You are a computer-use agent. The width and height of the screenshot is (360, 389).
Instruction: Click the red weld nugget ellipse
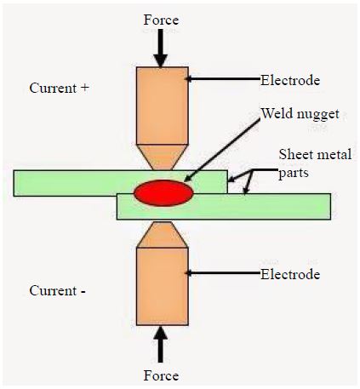pyautogui.click(x=163, y=193)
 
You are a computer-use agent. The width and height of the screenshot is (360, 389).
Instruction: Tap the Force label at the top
pyautogui.click(x=161, y=20)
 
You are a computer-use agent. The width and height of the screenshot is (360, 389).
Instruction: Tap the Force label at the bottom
pyautogui.click(x=161, y=375)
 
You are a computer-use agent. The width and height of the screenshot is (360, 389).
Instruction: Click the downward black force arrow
pyautogui.click(x=161, y=49)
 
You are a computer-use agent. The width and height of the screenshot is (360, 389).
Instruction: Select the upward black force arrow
pyautogui.click(x=161, y=345)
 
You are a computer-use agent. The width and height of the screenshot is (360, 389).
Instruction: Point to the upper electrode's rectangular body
pyautogui.click(x=163, y=106)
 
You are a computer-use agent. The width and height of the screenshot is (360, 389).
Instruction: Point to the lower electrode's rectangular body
pyautogui.click(x=163, y=286)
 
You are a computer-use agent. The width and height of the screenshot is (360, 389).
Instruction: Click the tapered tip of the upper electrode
pyautogui.click(x=163, y=157)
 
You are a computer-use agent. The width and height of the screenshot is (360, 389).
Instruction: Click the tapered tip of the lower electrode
pyautogui.click(x=163, y=235)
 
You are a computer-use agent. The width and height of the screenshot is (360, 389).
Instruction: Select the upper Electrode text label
pyautogui.click(x=290, y=80)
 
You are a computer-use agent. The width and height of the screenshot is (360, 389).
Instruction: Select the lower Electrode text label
pyautogui.click(x=290, y=274)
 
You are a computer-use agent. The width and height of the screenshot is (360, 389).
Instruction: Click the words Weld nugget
pyautogui.click(x=300, y=114)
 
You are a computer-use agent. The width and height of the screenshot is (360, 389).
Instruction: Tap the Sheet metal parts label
pyautogui.click(x=315, y=163)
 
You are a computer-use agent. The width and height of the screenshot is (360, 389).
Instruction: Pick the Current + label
pyautogui.click(x=59, y=88)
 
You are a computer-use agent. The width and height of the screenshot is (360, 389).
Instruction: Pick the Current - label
pyautogui.click(x=57, y=290)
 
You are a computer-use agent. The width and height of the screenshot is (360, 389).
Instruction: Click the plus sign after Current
pyautogui.click(x=85, y=88)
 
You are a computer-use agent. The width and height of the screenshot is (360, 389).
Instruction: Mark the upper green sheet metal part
pyautogui.click(x=120, y=183)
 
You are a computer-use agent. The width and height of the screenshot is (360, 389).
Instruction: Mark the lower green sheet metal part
pyautogui.click(x=224, y=207)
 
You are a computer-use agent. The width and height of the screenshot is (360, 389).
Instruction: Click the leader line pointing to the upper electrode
pyautogui.click(x=223, y=78)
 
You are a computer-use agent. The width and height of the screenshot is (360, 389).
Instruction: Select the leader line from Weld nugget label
pyautogui.click(x=222, y=150)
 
